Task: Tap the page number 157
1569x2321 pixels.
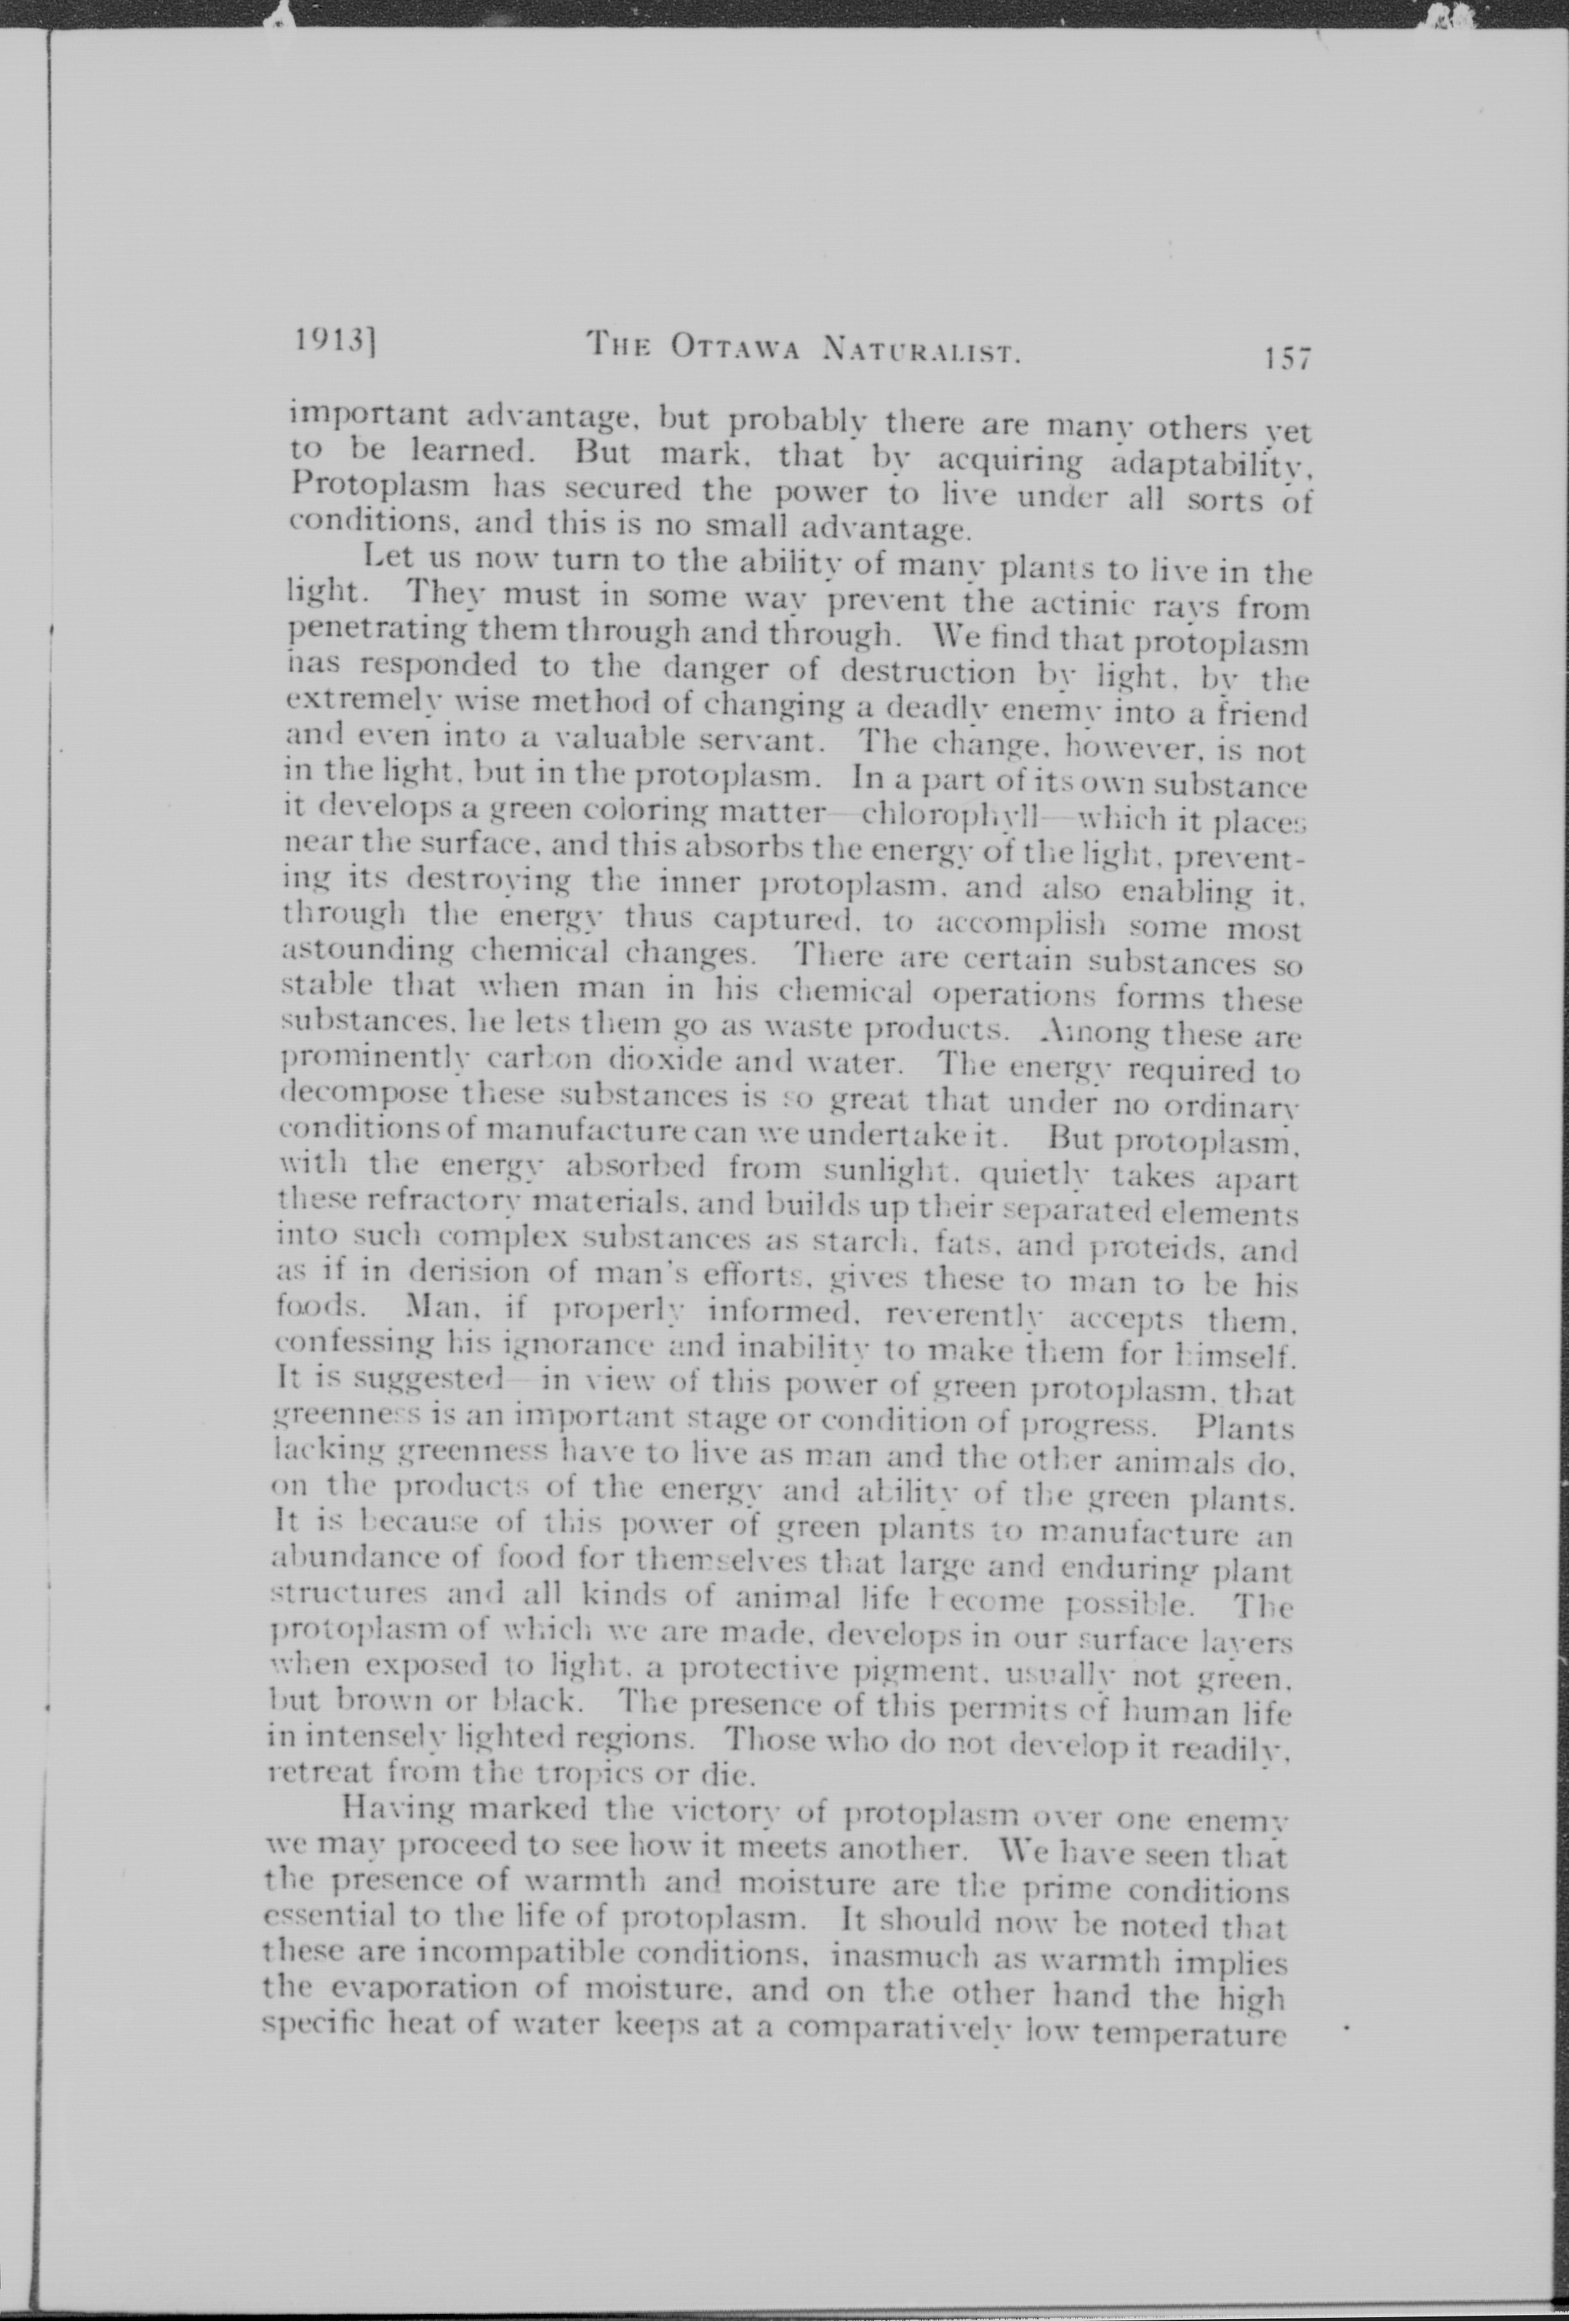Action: pos(1285,358)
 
